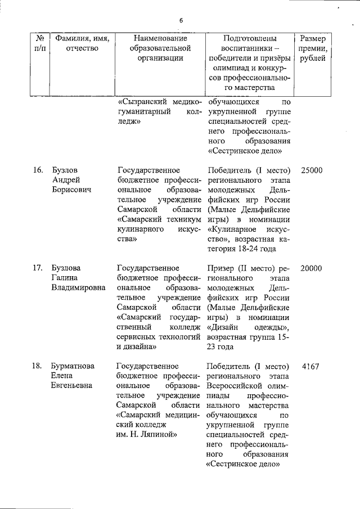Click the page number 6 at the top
point(181,21)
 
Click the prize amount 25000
point(311,170)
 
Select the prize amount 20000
point(311,268)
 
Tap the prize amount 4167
point(310,366)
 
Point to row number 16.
point(38,170)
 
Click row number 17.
point(38,268)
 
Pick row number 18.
point(38,366)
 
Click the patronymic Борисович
point(71,190)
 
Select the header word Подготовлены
point(249,38)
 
